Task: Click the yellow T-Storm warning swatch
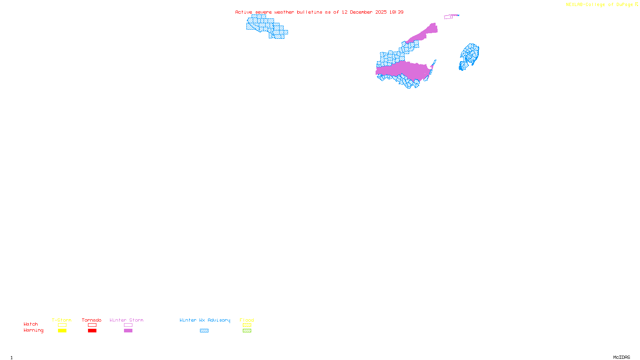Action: pyautogui.click(x=62, y=331)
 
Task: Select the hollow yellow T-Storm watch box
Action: pyautogui.click(x=62, y=325)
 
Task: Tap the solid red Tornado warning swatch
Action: pyautogui.click(x=92, y=331)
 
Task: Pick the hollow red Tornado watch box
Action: pyautogui.click(x=92, y=325)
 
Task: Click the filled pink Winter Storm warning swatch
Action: pyautogui.click(x=128, y=331)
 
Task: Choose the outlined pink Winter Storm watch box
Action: pyautogui.click(x=128, y=325)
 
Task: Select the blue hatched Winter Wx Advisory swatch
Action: pyautogui.click(x=204, y=331)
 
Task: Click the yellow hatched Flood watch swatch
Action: pyautogui.click(x=247, y=325)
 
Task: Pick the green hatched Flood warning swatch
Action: pyautogui.click(x=247, y=331)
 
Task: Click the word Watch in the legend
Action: pyautogui.click(x=31, y=324)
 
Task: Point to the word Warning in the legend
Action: pyautogui.click(x=33, y=330)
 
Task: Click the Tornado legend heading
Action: pyautogui.click(x=92, y=320)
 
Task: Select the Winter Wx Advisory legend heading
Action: pyautogui.click(x=205, y=320)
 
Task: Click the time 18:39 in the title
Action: pyautogui.click(x=396, y=12)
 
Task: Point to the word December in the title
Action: pyautogui.click(x=361, y=12)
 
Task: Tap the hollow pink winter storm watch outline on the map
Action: pyautogui.click(x=448, y=17)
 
